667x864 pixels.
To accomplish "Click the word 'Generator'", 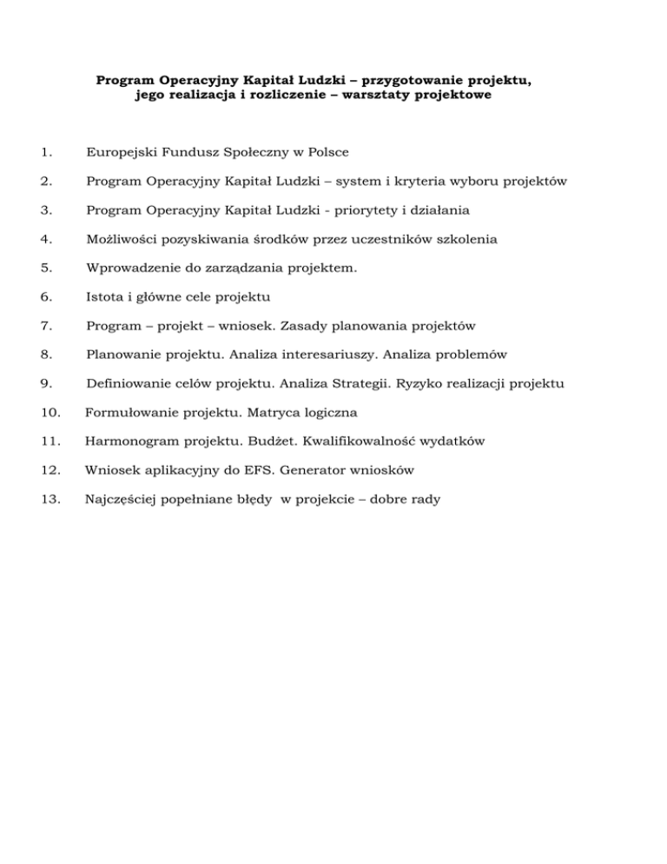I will point(319,470).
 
